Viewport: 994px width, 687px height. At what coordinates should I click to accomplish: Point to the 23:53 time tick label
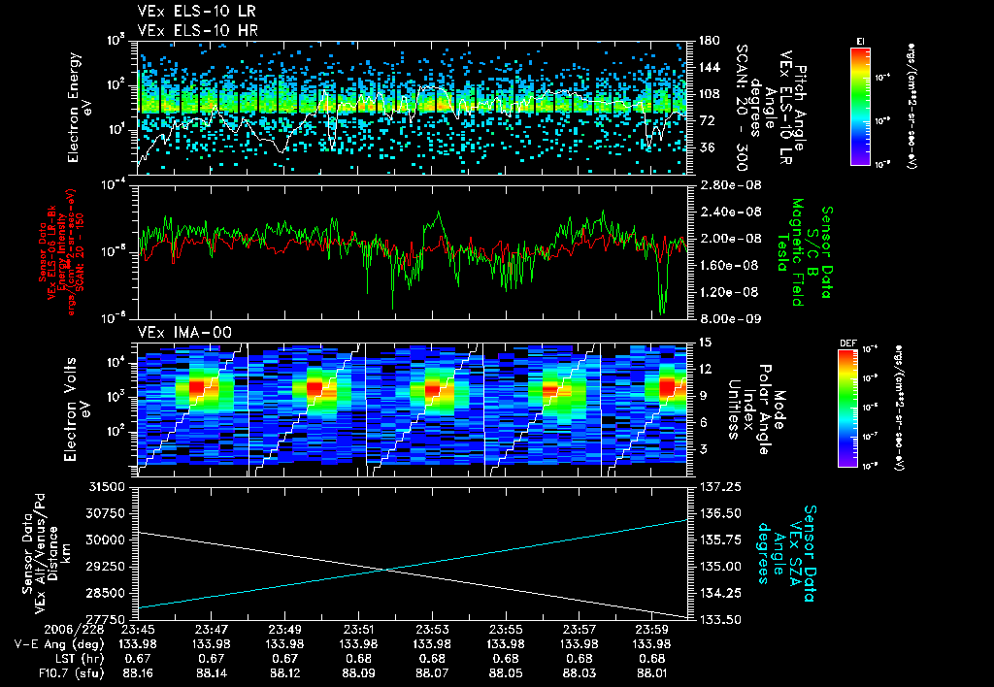point(433,629)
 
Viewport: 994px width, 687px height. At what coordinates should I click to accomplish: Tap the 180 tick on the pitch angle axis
point(707,41)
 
